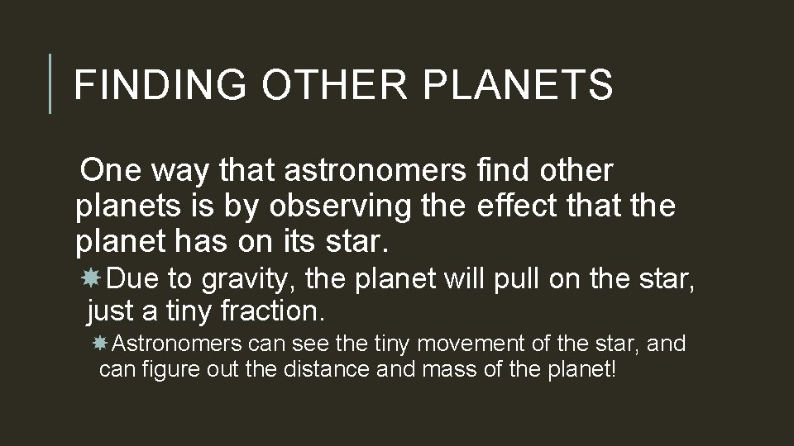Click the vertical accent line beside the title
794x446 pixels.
click(x=50, y=83)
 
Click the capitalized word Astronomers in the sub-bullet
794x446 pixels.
click(x=178, y=343)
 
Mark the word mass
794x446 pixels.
click(x=430, y=368)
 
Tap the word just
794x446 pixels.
click(x=107, y=313)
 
